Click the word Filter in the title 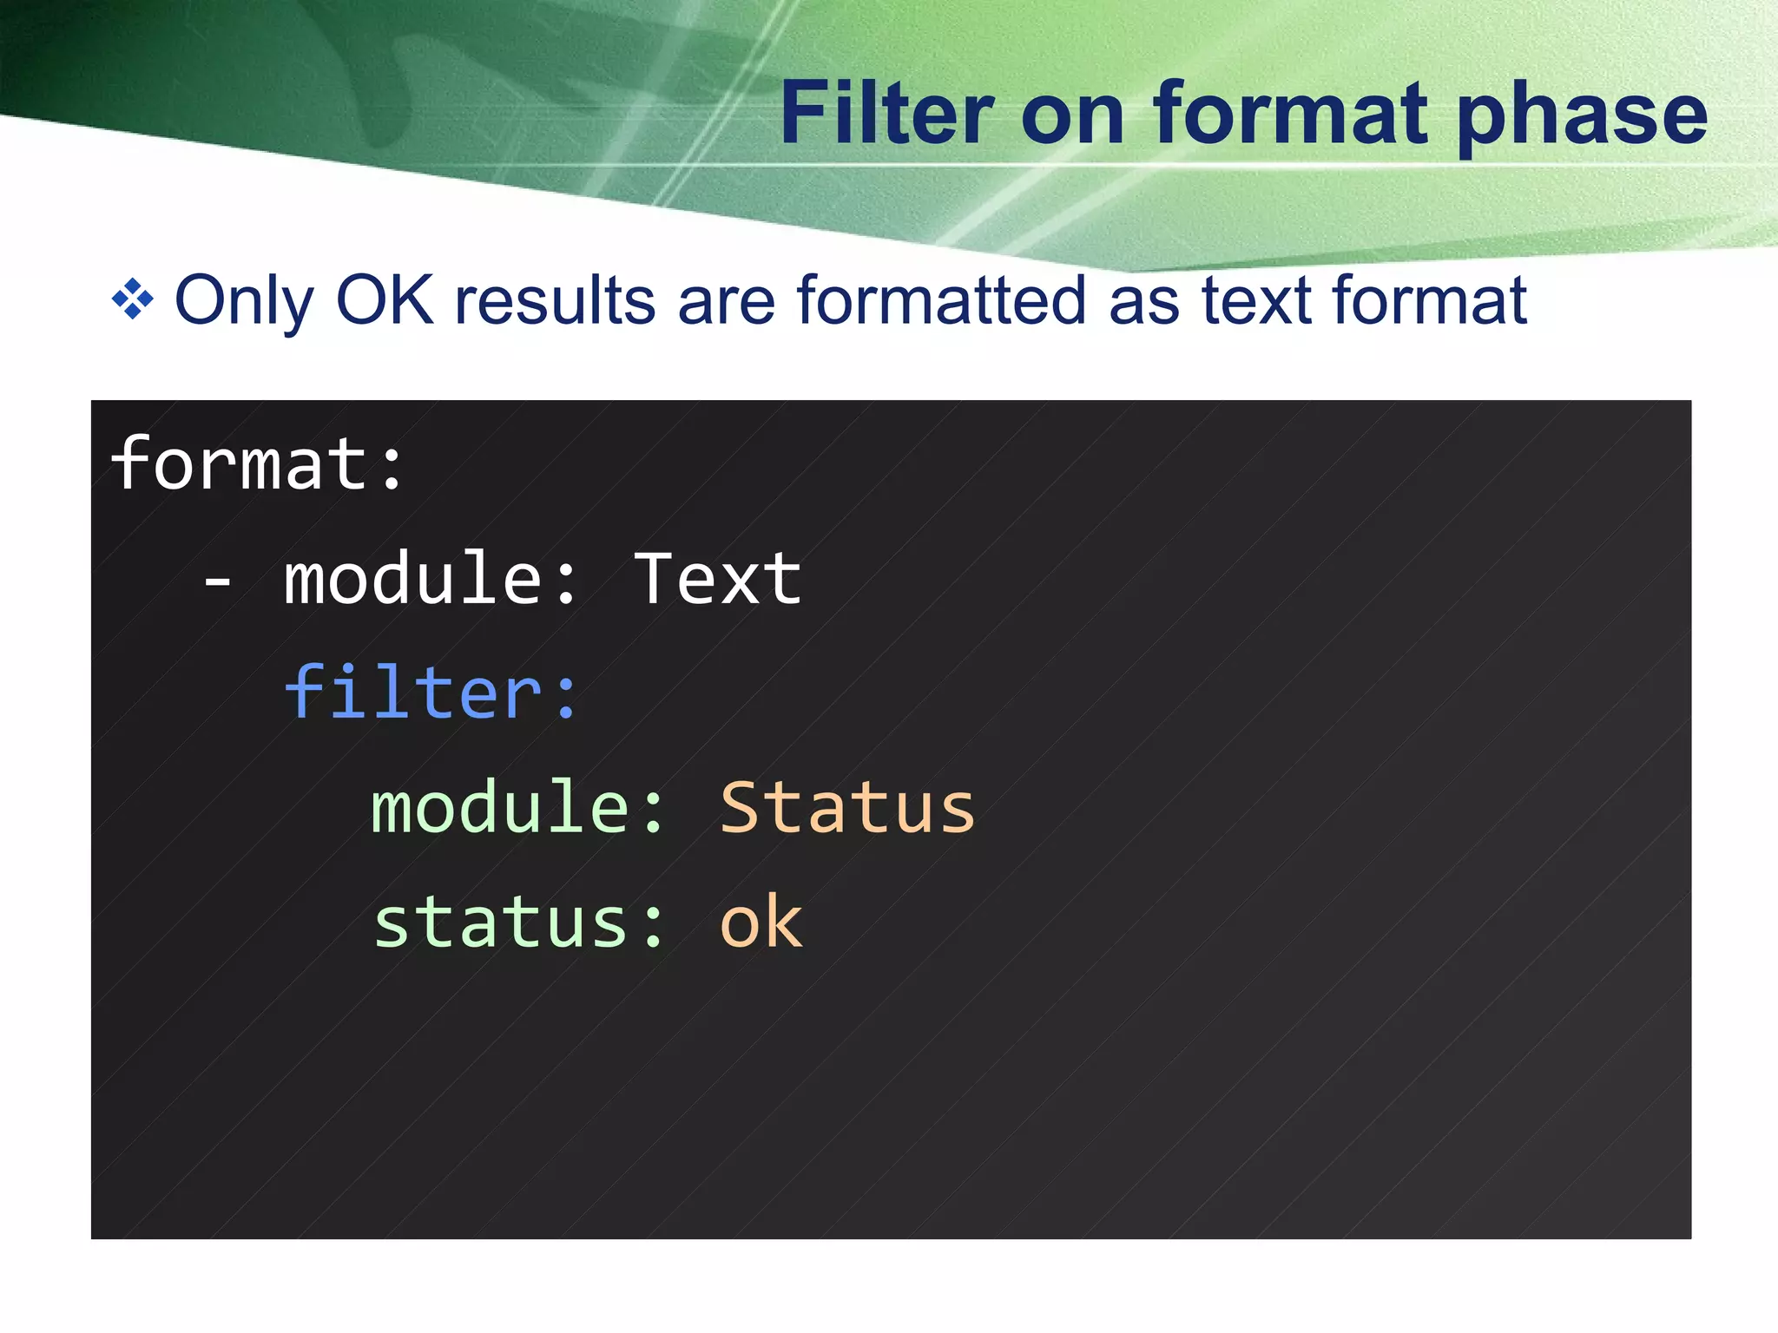886,113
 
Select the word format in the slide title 1291,113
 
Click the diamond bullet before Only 133,300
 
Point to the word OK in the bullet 385,300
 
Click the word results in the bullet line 555,300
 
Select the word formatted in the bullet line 941,300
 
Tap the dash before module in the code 217,580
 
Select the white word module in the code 413,578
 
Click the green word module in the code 500,807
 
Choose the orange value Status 847,807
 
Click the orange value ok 761,922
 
